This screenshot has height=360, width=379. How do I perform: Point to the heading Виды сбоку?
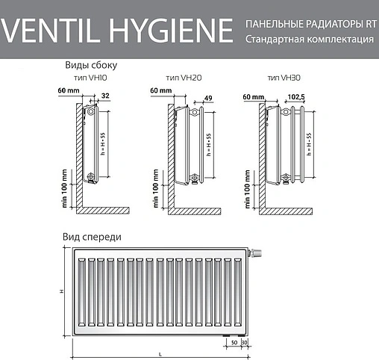point(91,65)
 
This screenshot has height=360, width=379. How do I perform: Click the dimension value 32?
point(104,96)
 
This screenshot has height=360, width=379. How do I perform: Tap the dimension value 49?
point(207,97)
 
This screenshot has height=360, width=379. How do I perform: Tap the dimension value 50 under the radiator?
point(234,342)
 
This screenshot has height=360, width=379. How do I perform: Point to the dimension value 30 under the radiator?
point(245,342)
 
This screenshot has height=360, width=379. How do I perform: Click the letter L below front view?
point(159,354)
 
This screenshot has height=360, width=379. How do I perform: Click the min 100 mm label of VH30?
point(245,187)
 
